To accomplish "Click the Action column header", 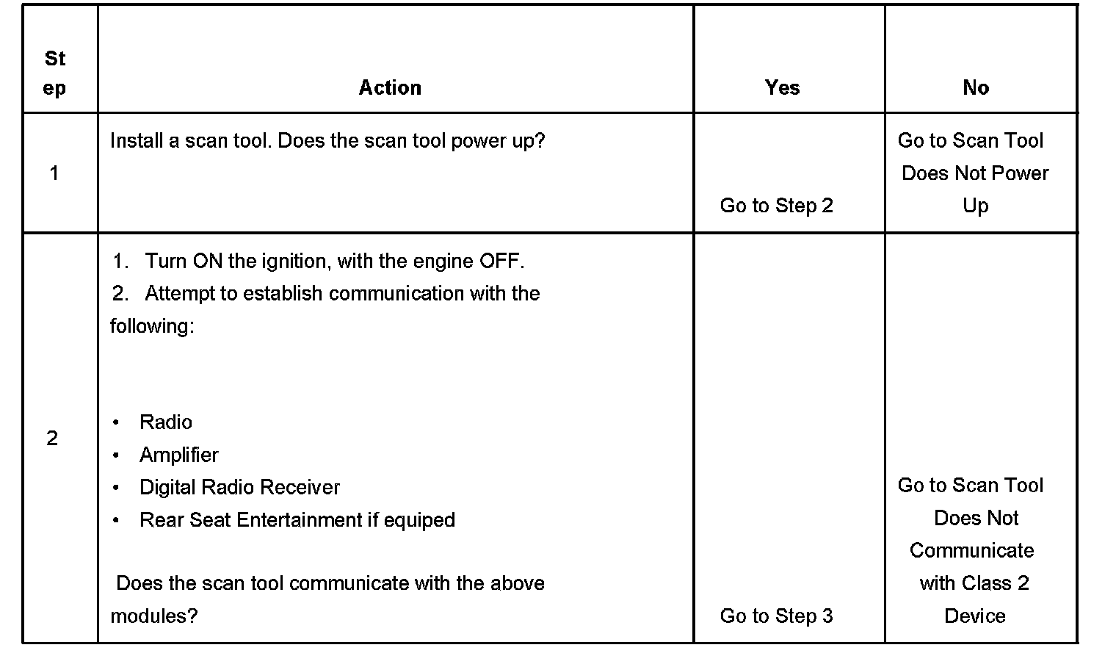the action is pos(390,87).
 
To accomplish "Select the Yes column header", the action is pos(782,87).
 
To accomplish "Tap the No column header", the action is pos(976,87).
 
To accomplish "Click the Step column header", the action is pos(54,73).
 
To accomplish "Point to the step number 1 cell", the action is pos(54,173).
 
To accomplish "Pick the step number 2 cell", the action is pos(52,439).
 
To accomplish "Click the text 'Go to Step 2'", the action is pos(777,206).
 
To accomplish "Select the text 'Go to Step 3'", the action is pos(777,616).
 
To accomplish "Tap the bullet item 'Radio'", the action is pos(166,422).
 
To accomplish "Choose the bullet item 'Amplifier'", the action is pos(179,455).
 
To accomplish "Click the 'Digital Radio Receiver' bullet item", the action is pos(240,488).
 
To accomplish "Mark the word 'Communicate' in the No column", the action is pos(971,551).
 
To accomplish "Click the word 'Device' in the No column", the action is pos(975,616).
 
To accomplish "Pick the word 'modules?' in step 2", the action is pos(154,616).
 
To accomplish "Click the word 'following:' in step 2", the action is pos(152,326).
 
